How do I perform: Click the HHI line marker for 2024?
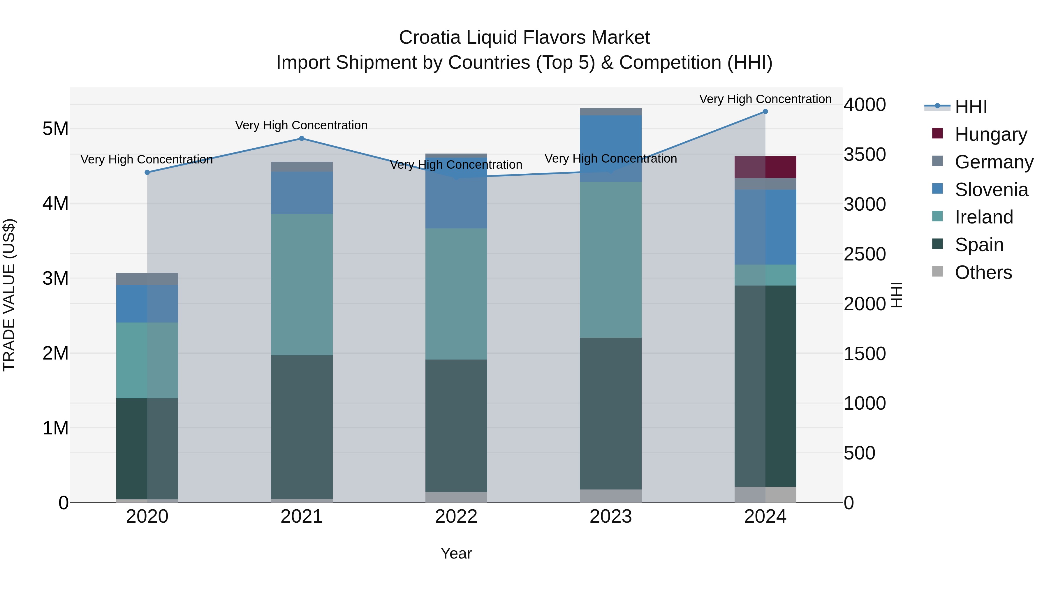point(765,112)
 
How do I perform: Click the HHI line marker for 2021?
point(302,138)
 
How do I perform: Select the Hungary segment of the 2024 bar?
point(765,167)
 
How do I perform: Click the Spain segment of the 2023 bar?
point(610,413)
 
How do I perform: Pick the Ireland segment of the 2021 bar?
point(302,284)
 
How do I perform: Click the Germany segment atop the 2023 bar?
point(610,112)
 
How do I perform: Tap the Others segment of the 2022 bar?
point(456,497)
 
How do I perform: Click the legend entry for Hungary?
point(990,134)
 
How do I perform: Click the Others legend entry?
point(983,272)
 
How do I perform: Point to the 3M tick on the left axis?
point(55,279)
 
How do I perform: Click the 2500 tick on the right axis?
point(864,254)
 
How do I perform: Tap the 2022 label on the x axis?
point(456,517)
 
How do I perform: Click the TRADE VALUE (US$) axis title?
point(9,295)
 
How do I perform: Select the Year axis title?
point(456,553)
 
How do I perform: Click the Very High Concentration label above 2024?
point(765,99)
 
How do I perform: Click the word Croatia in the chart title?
point(429,38)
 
